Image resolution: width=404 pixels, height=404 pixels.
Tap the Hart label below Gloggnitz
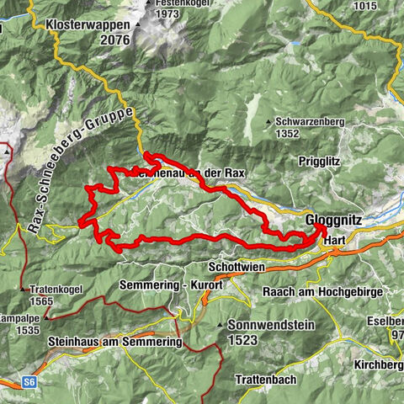335,239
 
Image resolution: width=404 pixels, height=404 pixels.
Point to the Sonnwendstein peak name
268,323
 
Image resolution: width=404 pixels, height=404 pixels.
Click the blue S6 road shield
30,381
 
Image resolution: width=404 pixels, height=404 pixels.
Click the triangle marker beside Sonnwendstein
220,324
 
